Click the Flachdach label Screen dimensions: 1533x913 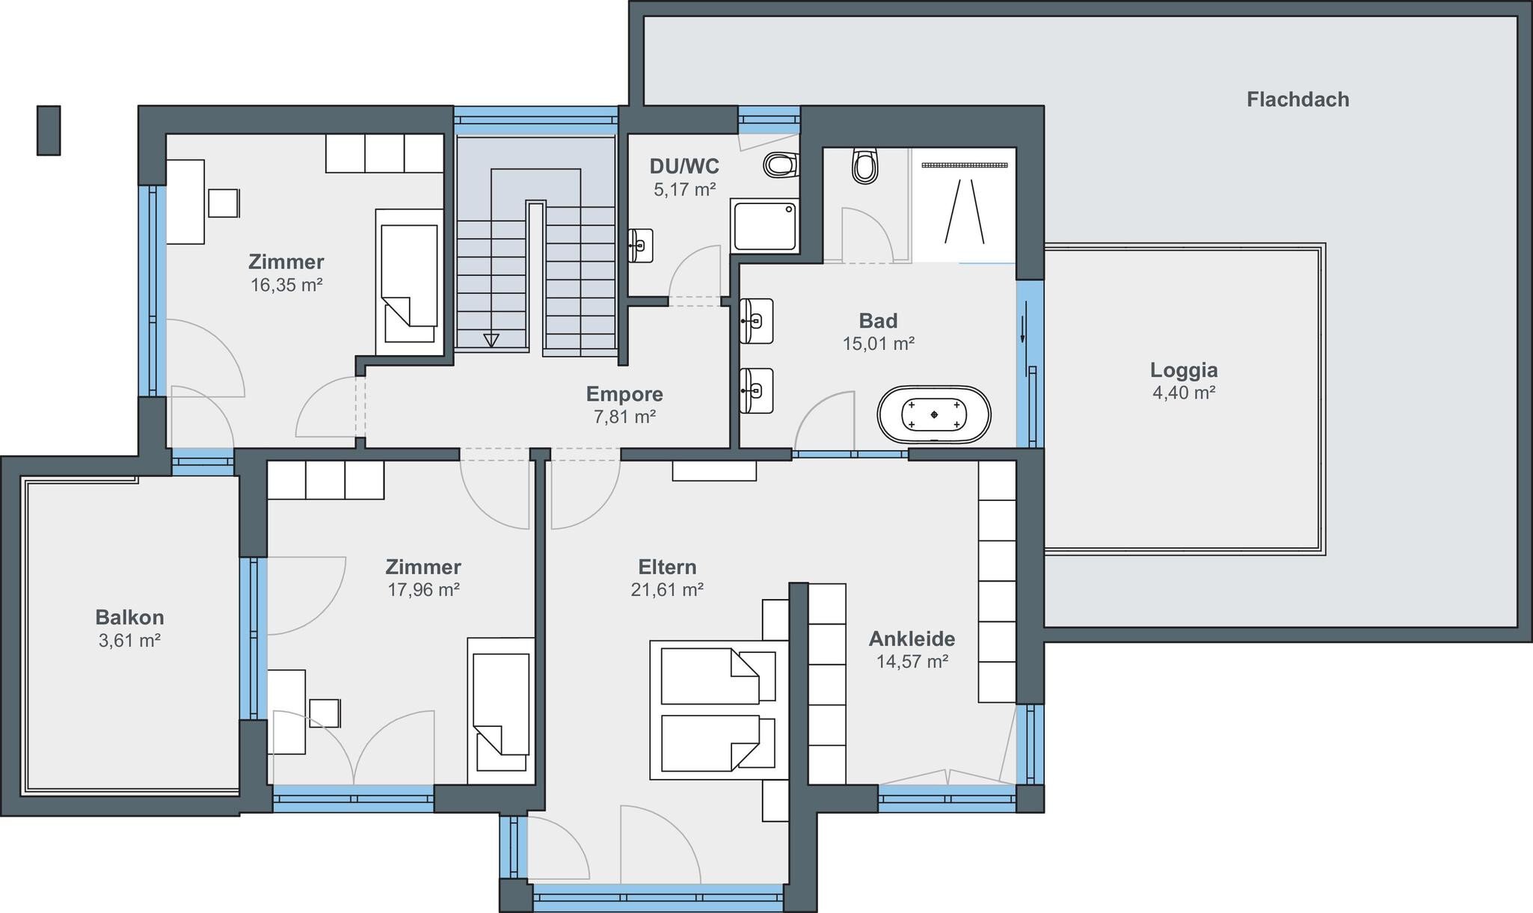[1297, 99]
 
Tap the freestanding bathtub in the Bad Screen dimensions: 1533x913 [934, 415]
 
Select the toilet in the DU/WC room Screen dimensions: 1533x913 [781, 165]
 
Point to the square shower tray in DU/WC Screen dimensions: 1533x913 [764, 225]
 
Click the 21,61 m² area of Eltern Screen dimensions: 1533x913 [667, 590]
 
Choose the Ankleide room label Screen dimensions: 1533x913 [912, 639]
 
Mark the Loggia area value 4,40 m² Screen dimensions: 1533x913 [1184, 393]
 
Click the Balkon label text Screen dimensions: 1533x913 [129, 618]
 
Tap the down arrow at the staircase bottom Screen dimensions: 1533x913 [491, 340]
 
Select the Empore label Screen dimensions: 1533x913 [624, 394]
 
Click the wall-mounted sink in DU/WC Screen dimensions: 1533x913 [641, 245]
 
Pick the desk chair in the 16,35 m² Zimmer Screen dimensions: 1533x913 [224, 203]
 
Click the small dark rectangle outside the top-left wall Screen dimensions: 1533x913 [49, 130]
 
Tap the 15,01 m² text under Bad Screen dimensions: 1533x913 [879, 344]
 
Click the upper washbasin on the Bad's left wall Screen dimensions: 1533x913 [756, 322]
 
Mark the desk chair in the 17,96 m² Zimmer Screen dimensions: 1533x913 [325, 713]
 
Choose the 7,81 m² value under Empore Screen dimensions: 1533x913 [624, 417]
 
